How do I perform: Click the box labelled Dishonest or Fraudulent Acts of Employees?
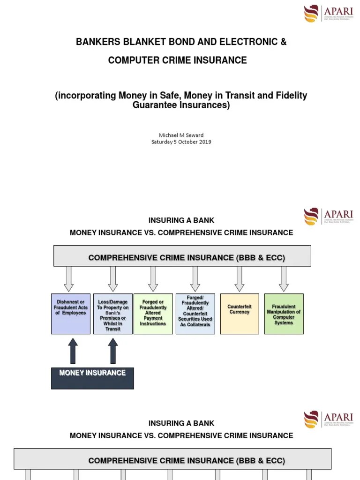[71, 314]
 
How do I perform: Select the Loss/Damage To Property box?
[112, 314]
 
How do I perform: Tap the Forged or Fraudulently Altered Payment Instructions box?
[153, 314]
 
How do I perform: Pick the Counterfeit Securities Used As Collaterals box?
[195, 314]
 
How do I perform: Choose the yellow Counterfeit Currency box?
[240, 314]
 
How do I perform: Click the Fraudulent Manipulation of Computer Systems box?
[284, 314]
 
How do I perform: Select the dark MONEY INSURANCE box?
[92, 378]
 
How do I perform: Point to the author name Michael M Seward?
[181, 135]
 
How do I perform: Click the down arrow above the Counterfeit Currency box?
[240, 279]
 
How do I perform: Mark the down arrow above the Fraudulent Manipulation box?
[284, 279]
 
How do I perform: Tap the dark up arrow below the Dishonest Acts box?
[73, 351]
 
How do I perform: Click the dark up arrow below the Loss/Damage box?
[112, 351]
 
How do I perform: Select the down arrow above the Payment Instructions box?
[153, 279]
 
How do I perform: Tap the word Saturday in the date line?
[162, 142]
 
